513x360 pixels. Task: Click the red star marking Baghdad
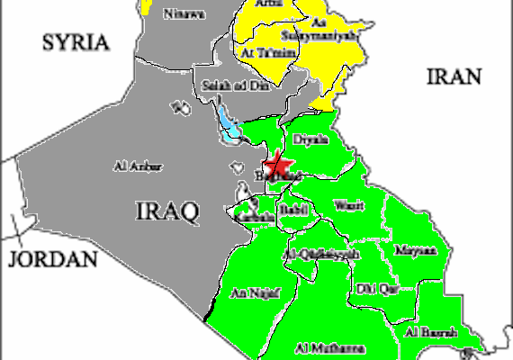tap(277, 166)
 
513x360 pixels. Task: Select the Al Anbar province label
tap(132, 166)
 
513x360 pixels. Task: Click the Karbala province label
tap(253, 218)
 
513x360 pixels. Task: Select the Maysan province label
tap(415, 248)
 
